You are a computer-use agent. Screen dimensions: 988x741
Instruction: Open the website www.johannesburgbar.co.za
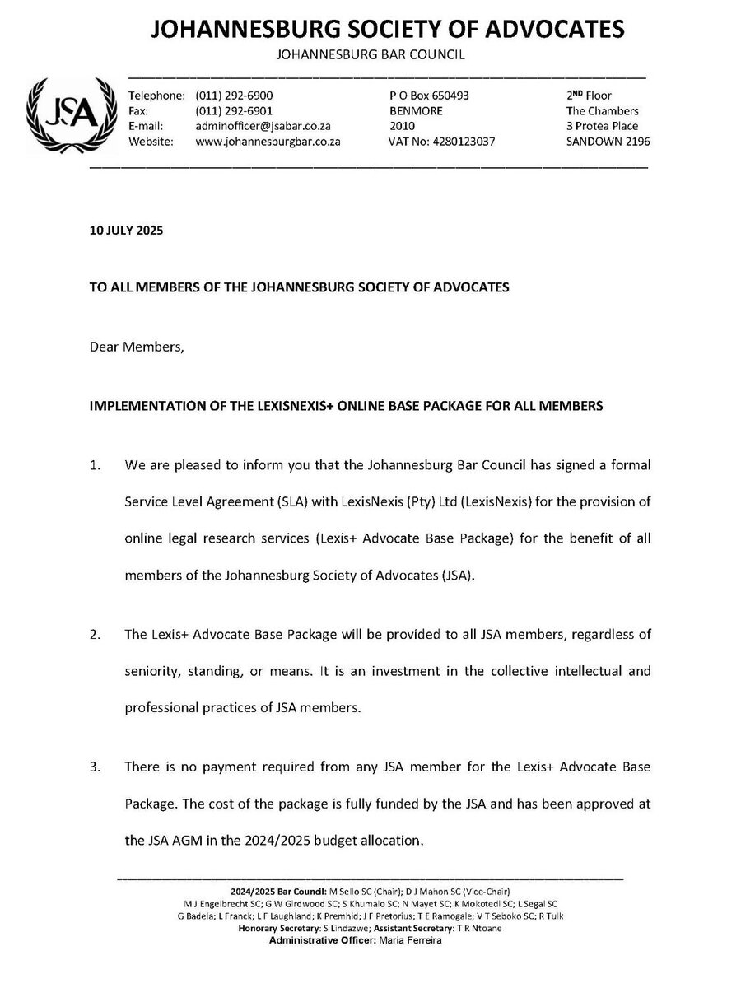click(x=268, y=142)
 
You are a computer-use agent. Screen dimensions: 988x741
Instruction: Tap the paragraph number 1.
click(x=96, y=465)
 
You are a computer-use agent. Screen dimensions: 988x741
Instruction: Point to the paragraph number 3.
click(x=96, y=767)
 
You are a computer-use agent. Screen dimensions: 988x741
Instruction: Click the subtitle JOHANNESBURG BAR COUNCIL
click(x=370, y=56)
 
